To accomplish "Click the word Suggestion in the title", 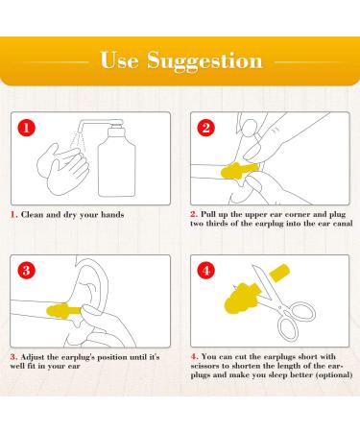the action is [x=204, y=60].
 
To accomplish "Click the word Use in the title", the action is [x=119, y=60].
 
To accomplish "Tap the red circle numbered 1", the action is [x=26, y=128].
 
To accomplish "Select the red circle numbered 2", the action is [x=206, y=128].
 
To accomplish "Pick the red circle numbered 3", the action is [x=26, y=271].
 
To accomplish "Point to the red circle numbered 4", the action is [x=206, y=271].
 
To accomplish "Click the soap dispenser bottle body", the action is [x=117, y=166].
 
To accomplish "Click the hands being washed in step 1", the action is [x=63, y=169].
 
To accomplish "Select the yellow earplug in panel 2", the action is [x=239, y=171].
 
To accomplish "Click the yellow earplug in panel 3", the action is [x=64, y=311].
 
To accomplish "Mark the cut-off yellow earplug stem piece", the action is [x=279, y=272].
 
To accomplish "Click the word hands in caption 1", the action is [x=112, y=214].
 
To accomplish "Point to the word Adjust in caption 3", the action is [x=33, y=357].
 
